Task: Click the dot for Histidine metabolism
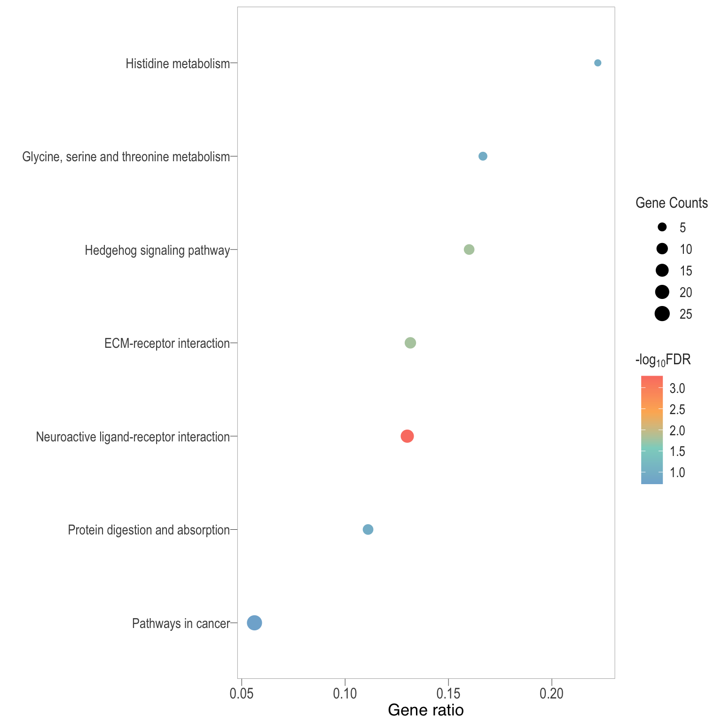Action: tap(597, 63)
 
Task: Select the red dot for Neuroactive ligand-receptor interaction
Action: tap(407, 436)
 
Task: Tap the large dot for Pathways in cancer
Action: tap(254, 623)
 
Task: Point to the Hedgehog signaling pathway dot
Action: tap(469, 250)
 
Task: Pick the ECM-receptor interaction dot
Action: tap(410, 343)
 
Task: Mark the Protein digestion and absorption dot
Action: tap(368, 529)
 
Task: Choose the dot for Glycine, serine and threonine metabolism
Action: tap(483, 156)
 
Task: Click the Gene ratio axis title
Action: tap(426, 710)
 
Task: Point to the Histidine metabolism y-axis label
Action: tap(178, 64)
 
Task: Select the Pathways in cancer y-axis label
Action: tap(181, 624)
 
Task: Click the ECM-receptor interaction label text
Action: tap(167, 344)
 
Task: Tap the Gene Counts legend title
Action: tap(672, 203)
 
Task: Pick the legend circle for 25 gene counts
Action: tap(662, 313)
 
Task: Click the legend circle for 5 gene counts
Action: tap(662, 228)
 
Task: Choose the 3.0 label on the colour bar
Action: tap(677, 389)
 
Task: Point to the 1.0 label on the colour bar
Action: tap(677, 472)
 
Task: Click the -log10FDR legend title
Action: tap(663, 361)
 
